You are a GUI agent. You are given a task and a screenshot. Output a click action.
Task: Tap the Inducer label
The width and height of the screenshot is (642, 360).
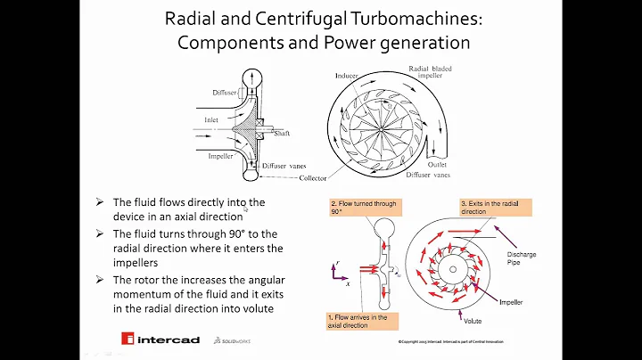pyautogui.click(x=344, y=77)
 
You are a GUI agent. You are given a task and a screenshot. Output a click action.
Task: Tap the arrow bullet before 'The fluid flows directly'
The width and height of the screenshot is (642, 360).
pyautogui.click(x=100, y=202)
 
